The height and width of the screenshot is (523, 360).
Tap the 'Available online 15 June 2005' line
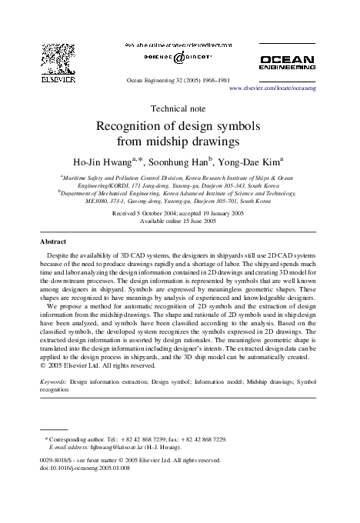(179, 221)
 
